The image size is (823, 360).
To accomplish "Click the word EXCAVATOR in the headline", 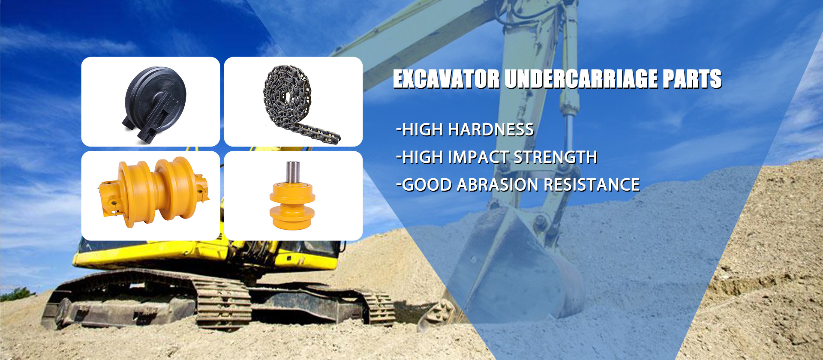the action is pos(447,79).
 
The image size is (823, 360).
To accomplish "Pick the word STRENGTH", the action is pos(555,157).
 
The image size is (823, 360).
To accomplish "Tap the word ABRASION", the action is pos(498,185).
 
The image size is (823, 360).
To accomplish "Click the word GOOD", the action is pos(427,185).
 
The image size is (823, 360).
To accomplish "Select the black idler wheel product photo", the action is pos(154,104).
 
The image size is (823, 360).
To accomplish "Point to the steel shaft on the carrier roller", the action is pos(293,171).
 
